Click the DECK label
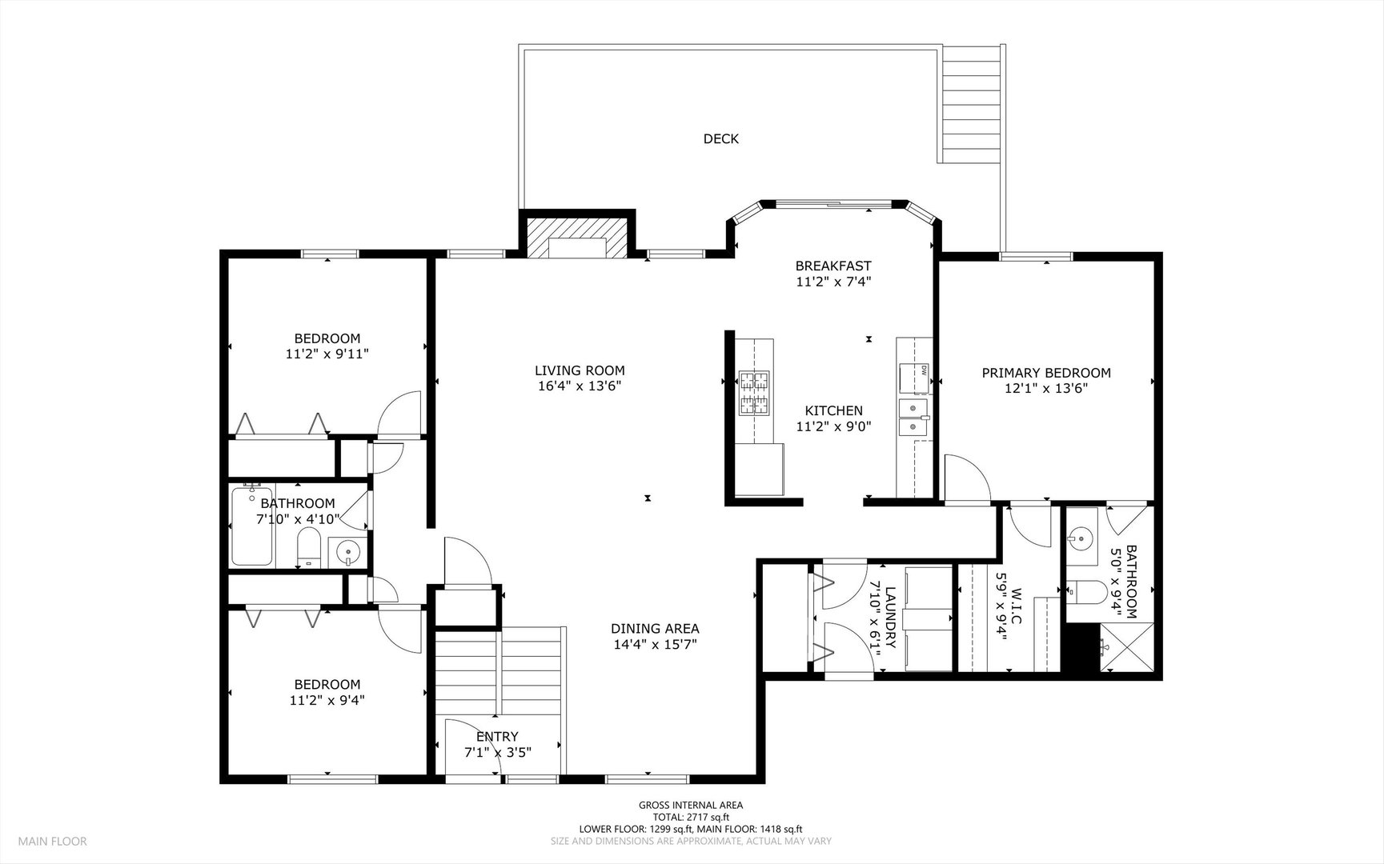click(720, 139)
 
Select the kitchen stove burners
click(752, 392)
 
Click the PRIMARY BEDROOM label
click(1046, 373)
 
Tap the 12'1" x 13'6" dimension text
click(1046, 389)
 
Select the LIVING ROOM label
click(580, 370)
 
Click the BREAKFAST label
click(833, 266)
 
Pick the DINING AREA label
click(655, 629)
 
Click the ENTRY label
click(497, 737)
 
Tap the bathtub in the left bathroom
click(252, 526)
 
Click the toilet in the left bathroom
click(309, 548)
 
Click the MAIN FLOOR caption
click(53, 841)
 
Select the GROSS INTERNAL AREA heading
click(691, 806)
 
